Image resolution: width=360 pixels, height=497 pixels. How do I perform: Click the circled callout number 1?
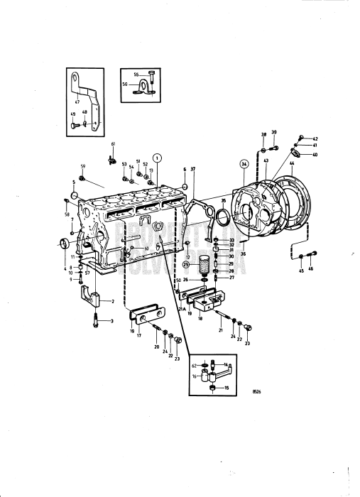click(x=158, y=157)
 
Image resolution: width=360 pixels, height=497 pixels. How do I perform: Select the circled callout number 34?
click(x=244, y=163)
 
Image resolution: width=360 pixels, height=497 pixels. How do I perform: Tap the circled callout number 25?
click(x=187, y=265)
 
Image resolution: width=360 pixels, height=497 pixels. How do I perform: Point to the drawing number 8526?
click(x=260, y=390)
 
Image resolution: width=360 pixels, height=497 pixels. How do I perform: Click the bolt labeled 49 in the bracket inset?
click(x=75, y=124)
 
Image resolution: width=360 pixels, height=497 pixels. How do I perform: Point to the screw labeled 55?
click(x=153, y=74)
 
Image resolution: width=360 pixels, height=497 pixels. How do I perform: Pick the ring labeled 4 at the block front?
click(x=65, y=244)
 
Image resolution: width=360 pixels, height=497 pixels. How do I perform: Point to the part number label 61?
click(x=112, y=144)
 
